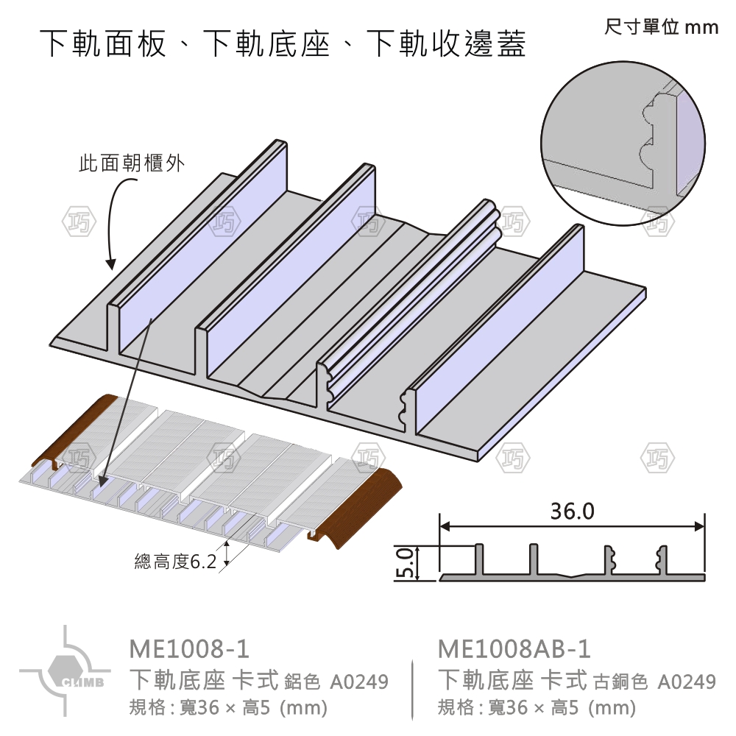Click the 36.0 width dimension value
(x=572, y=511)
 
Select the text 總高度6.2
(x=175, y=562)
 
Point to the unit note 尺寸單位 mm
(x=660, y=28)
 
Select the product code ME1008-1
(x=189, y=649)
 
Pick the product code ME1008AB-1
(x=514, y=649)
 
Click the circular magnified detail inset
(x=623, y=141)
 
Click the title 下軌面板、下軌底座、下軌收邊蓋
(x=283, y=44)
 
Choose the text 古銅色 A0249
(x=654, y=682)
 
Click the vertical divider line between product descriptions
(x=412, y=688)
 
